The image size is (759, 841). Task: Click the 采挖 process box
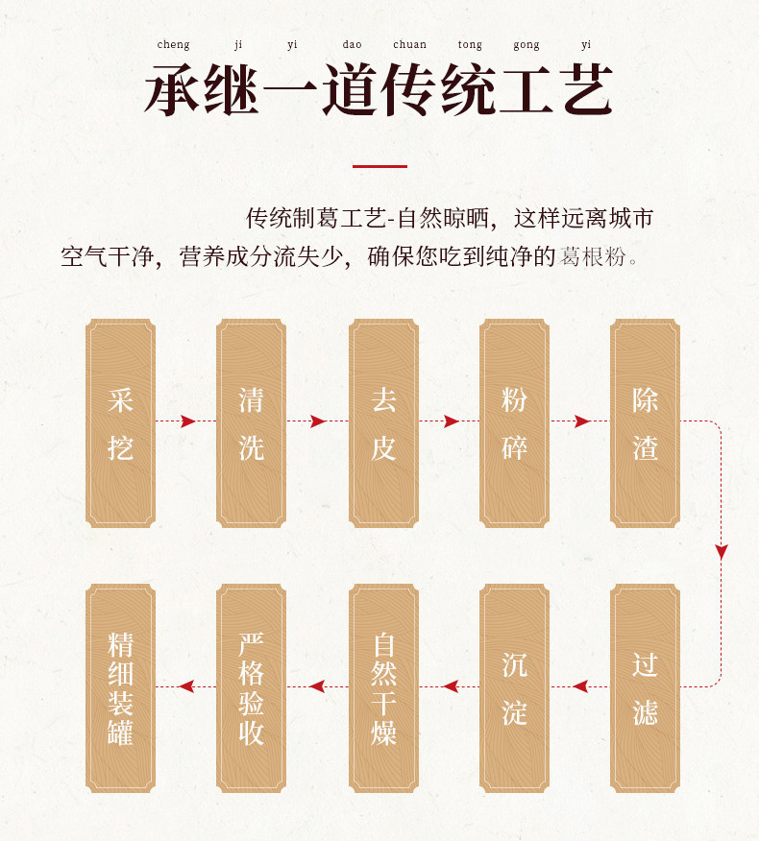(x=120, y=422)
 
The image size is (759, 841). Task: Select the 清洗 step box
(x=251, y=422)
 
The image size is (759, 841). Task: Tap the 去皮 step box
(x=383, y=422)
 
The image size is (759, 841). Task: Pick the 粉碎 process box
(x=514, y=422)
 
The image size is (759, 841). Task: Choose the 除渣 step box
(x=645, y=422)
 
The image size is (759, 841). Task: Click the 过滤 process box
(x=645, y=687)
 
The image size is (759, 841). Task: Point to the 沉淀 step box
(x=514, y=687)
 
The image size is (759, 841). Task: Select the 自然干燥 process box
(x=383, y=687)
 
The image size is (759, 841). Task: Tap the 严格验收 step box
(x=251, y=687)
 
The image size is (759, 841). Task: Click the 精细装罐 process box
(x=120, y=687)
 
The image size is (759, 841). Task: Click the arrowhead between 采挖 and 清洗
(x=188, y=421)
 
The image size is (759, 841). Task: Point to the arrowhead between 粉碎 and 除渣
(x=582, y=421)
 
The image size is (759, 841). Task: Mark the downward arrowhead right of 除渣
(x=722, y=552)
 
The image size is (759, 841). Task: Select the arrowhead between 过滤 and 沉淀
(x=580, y=686)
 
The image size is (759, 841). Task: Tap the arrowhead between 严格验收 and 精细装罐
(x=186, y=686)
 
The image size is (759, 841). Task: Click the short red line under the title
(x=379, y=166)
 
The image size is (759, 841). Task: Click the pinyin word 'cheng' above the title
(x=173, y=44)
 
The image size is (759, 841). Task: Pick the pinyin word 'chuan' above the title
(x=409, y=44)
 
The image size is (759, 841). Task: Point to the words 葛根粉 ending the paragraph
(x=596, y=256)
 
